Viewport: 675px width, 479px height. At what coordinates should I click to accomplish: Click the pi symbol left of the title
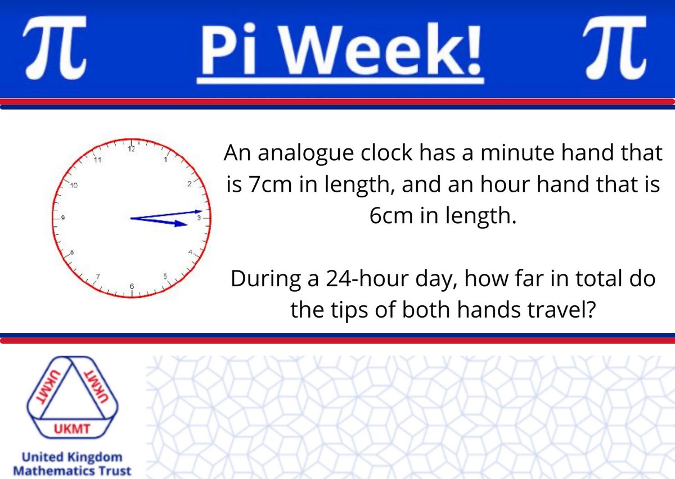pyautogui.click(x=54, y=50)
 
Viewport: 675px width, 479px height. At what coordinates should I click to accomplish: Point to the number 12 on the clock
pyautogui.click(x=132, y=150)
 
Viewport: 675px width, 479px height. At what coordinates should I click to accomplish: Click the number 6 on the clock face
pyautogui.click(x=132, y=287)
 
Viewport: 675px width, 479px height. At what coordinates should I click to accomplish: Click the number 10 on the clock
pyautogui.click(x=73, y=186)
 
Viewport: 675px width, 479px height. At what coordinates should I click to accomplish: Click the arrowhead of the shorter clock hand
pyautogui.click(x=182, y=224)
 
